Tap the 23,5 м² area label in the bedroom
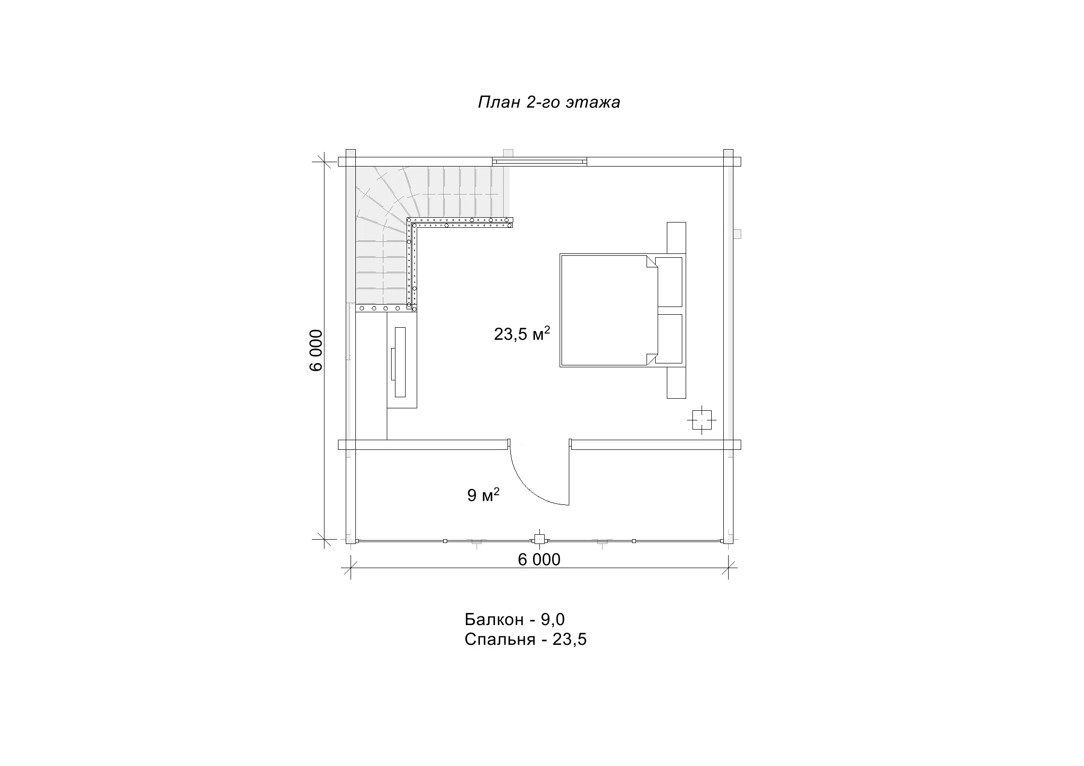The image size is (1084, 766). click(x=522, y=334)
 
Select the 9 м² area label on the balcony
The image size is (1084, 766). click(x=483, y=495)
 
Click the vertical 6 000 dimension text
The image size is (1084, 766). click(x=316, y=350)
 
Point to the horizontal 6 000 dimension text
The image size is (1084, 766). click(x=539, y=560)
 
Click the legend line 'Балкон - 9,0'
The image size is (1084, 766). click(x=515, y=619)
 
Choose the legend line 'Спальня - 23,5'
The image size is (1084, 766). click(x=526, y=640)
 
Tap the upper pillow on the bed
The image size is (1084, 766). click(x=669, y=282)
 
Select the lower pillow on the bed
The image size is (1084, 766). click(x=669, y=339)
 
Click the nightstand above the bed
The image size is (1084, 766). click(x=676, y=237)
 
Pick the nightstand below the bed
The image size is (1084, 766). click(x=676, y=383)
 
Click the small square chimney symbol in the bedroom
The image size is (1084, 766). click(x=702, y=419)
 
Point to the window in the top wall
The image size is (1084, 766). click(x=539, y=162)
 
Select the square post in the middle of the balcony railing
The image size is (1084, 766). click(x=539, y=539)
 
